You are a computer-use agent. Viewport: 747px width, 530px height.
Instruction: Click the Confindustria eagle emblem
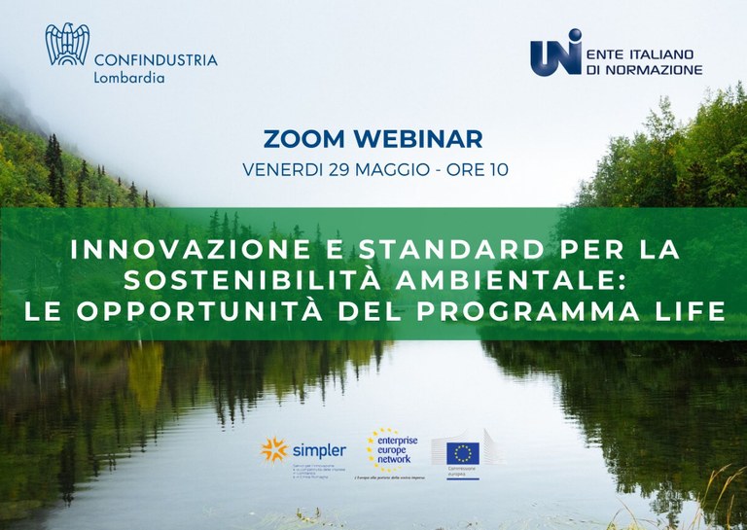(67, 46)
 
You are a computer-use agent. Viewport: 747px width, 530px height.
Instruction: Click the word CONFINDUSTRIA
(157, 60)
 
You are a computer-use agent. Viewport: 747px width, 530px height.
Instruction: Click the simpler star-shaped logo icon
(275, 449)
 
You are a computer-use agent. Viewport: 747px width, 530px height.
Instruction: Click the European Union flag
(463, 454)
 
